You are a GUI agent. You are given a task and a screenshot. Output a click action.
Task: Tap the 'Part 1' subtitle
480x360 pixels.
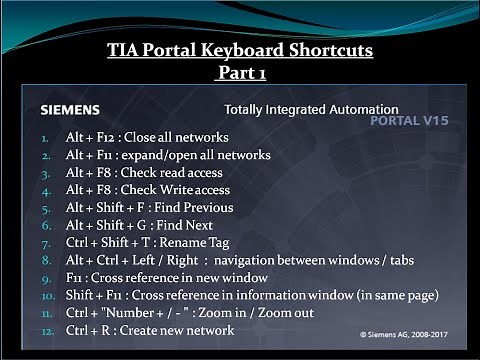pos(240,73)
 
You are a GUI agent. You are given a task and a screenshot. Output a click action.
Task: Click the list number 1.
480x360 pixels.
pos(45,138)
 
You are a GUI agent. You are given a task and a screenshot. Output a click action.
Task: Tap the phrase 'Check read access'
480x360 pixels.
pos(196,172)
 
